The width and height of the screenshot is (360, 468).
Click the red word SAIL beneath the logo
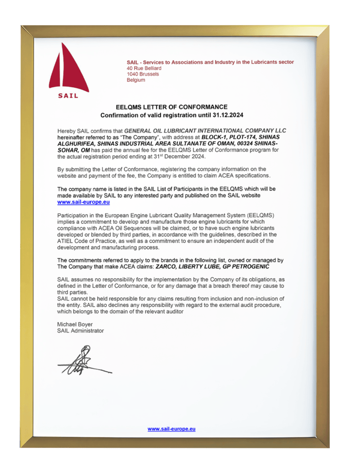[68, 95]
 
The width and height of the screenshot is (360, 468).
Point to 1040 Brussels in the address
[143, 74]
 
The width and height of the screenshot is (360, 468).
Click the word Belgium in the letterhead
[136, 80]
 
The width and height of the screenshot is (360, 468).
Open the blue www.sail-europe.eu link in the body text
[84, 202]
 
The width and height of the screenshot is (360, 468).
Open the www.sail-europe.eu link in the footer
[171, 429]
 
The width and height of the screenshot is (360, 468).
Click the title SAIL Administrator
[81, 331]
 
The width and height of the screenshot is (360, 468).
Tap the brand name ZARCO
[166, 267]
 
